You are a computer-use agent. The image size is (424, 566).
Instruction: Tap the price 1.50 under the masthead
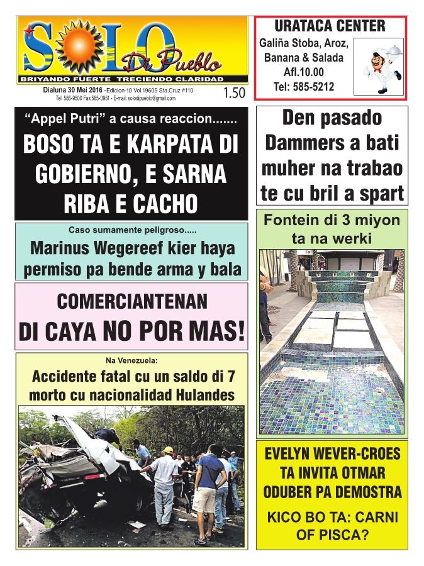233,94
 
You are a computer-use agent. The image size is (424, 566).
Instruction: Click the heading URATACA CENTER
330,26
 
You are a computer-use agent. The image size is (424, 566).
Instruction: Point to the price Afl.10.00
304,72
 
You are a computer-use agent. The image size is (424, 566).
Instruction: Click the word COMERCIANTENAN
131,302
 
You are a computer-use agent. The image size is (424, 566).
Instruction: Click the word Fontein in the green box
293,221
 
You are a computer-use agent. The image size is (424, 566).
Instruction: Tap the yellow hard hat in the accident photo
168,450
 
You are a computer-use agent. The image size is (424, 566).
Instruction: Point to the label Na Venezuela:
131,360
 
